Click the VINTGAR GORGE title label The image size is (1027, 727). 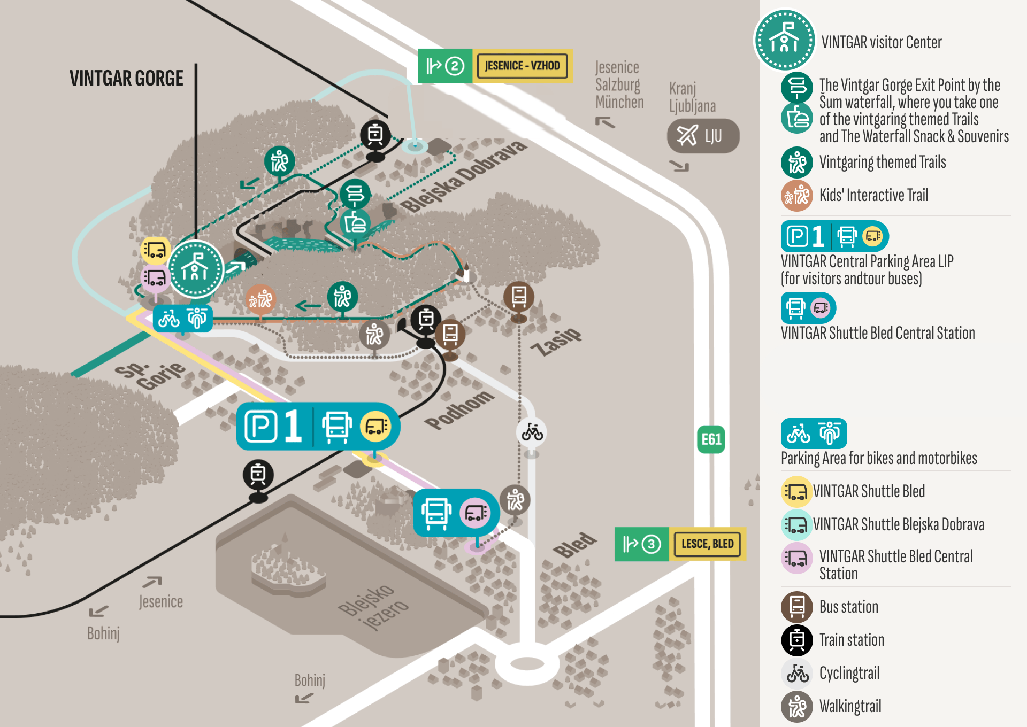pyautogui.click(x=126, y=79)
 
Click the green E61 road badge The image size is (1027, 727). pyautogui.click(x=711, y=439)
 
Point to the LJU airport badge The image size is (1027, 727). pyautogui.click(x=703, y=136)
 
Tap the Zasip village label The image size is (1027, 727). pyautogui.click(x=556, y=341)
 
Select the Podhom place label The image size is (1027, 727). pyautogui.click(x=459, y=409)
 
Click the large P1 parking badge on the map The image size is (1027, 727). pyautogui.click(x=318, y=427)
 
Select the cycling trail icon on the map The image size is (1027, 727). pyautogui.click(x=532, y=432)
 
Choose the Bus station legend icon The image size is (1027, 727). pyautogui.click(x=797, y=607)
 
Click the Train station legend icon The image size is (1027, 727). pyautogui.click(x=797, y=640)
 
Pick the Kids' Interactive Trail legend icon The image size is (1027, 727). pyautogui.click(x=797, y=195)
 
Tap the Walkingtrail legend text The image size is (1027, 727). pyautogui.click(x=850, y=706)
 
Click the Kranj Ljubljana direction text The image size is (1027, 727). pyautogui.click(x=692, y=97)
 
